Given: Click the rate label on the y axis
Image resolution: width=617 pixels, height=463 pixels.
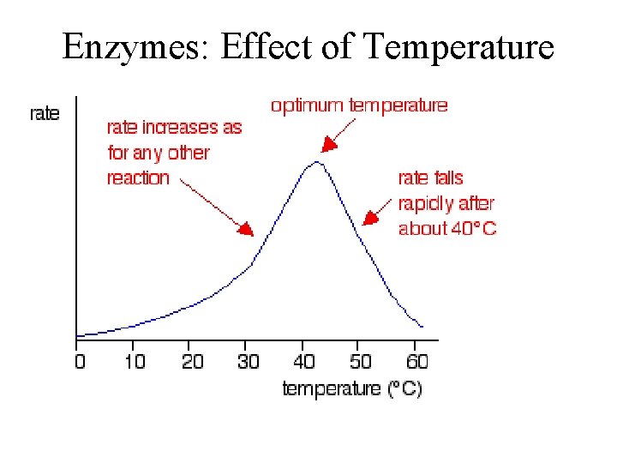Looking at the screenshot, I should point(45,114).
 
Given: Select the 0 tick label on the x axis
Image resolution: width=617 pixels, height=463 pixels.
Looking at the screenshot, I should point(81,361).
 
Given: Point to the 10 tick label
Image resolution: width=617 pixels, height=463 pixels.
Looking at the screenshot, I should point(135,361).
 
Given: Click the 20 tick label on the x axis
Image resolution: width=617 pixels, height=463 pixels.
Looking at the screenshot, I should point(193,361).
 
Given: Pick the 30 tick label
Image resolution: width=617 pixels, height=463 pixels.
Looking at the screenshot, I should point(249,361).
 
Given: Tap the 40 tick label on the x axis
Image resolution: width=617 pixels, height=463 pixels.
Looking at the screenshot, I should point(305,361).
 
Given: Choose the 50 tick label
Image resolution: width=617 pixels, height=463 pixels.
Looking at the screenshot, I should point(361,361).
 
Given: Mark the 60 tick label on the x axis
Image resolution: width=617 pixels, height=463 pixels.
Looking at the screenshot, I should point(416,361).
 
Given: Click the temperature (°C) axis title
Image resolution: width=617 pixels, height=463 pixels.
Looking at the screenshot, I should point(352,388).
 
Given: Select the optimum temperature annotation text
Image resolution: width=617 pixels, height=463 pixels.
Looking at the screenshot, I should point(359,105).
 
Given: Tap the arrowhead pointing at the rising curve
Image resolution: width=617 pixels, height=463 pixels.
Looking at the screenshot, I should point(247,229).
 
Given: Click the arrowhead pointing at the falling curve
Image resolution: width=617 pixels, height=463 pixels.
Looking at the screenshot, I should point(368,219).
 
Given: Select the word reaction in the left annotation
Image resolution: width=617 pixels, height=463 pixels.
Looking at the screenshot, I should point(138,178).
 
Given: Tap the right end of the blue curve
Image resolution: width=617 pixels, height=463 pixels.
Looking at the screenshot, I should point(422,327).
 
